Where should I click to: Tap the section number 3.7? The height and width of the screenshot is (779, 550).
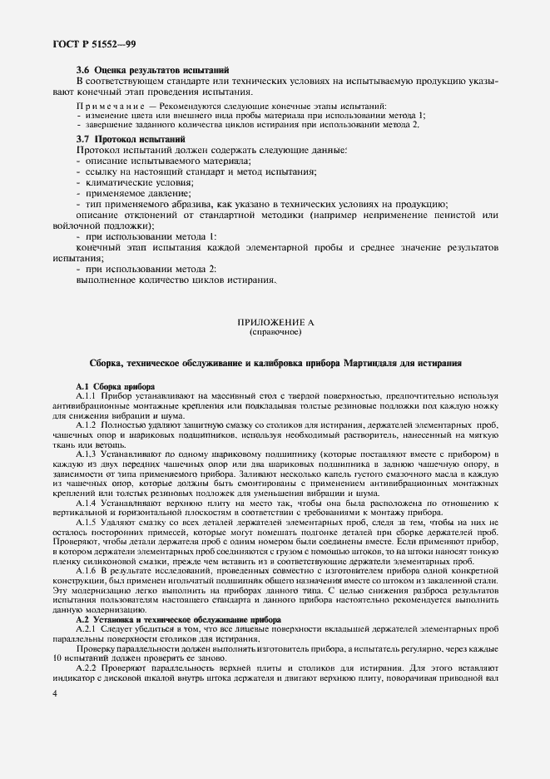(83, 137)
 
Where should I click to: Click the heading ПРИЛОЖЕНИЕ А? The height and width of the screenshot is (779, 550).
(275, 321)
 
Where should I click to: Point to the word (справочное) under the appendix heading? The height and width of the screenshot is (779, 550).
(275, 332)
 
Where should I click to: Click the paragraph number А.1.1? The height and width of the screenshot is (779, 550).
(87, 396)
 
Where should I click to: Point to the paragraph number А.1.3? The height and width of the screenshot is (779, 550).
(87, 454)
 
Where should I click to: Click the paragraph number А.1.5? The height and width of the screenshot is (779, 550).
(87, 522)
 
